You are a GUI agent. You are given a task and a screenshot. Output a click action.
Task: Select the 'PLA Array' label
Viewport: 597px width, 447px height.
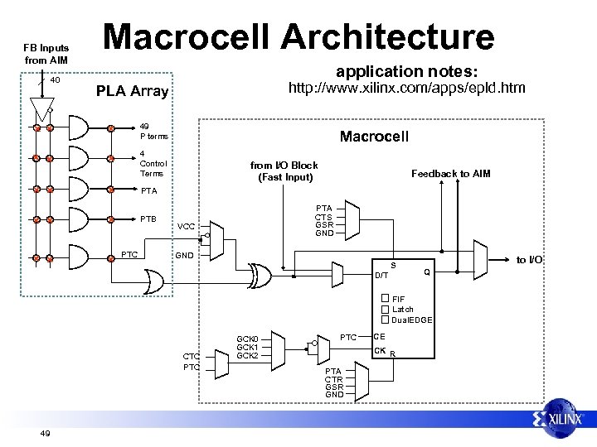coord(133,91)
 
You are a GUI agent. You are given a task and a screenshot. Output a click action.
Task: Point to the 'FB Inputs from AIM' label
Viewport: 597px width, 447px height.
coord(46,54)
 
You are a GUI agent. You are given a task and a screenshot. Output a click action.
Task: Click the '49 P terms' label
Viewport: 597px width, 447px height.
coord(153,131)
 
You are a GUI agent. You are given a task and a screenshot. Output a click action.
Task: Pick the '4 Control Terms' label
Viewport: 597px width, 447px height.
coord(152,163)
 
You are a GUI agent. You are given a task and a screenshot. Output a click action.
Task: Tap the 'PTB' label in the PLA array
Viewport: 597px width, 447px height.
coord(148,219)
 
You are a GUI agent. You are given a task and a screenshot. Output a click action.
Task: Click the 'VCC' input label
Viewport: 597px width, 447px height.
coord(186,226)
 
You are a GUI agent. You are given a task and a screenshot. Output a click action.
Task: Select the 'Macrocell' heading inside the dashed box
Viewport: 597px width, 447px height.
coord(374,136)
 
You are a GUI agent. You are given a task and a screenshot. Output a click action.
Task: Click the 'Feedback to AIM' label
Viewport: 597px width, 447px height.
coord(451,173)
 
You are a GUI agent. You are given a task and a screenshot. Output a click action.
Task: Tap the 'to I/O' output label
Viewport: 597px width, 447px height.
coord(528,260)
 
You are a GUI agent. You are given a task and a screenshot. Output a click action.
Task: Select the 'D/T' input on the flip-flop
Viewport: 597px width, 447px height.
coord(381,274)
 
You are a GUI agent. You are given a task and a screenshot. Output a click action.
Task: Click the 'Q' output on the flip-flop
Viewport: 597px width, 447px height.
coord(426,271)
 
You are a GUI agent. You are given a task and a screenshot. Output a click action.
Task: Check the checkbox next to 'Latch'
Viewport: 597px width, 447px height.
coord(385,309)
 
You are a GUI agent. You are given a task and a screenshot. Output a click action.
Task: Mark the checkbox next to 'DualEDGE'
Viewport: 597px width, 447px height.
coord(385,319)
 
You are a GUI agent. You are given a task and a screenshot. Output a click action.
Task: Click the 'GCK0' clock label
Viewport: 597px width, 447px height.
coord(248,339)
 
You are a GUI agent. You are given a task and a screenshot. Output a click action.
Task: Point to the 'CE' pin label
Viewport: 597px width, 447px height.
coord(379,336)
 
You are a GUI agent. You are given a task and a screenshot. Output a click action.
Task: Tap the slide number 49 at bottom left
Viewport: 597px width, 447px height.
coord(46,433)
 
